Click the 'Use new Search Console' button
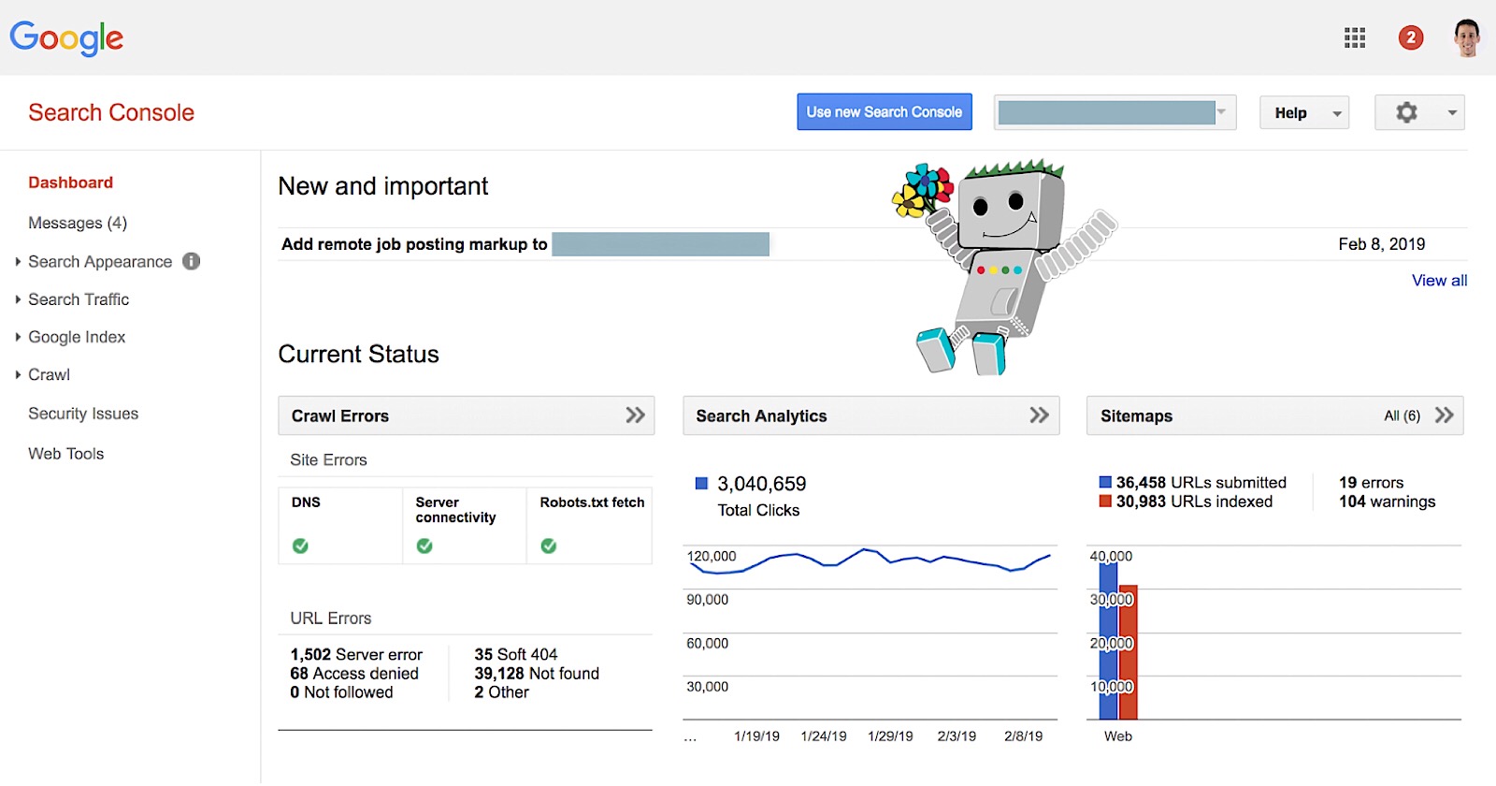point(884,112)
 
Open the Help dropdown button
point(1303,113)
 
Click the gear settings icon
point(1406,113)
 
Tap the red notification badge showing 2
point(1411,38)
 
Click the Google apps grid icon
point(1355,38)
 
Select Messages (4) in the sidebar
point(78,223)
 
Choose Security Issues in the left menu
point(83,414)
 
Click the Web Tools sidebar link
point(66,454)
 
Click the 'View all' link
point(1439,281)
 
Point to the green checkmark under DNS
point(300,546)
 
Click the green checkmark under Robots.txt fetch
point(549,546)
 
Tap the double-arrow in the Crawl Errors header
point(635,415)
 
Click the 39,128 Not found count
point(536,674)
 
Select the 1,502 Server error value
point(356,655)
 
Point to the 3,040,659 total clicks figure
point(761,484)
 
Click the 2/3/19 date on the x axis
point(957,736)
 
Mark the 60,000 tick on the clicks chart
point(708,644)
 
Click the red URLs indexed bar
point(1128,655)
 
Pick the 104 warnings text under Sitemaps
point(1387,502)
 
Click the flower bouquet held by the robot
point(921,190)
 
